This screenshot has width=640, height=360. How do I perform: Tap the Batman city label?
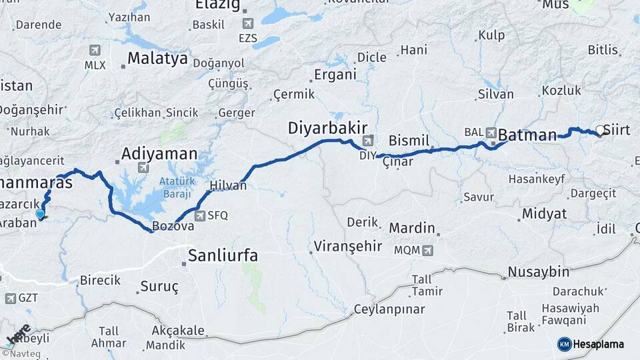(x=527, y=135)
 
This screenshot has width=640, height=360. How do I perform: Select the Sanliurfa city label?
(x=223, y=255)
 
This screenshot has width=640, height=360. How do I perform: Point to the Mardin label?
(x=412, y=228)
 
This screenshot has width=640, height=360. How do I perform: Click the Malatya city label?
(x=157, y=58)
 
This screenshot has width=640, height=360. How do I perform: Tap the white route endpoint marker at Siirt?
(x=600, y=131)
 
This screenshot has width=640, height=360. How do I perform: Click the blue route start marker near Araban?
(x=41, y=215)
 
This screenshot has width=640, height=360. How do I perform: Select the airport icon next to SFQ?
(x=199, y=215)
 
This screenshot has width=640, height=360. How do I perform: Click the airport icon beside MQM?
(x=427, y=251)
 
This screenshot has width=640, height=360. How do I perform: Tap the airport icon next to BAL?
(x=491, y=132)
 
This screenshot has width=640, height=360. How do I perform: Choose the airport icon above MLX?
(x=95, y=51)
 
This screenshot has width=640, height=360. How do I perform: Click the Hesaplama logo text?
(x=599, y=344)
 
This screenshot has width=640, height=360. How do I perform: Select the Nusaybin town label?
(x=539, y=272)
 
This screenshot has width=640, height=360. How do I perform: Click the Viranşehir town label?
(x=345, y=246)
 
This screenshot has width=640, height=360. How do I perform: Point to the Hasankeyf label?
(x=537, y=179)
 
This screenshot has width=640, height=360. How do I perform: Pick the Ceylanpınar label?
(x=389, y=309)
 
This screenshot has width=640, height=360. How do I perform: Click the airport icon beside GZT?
(x=10, y=298)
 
